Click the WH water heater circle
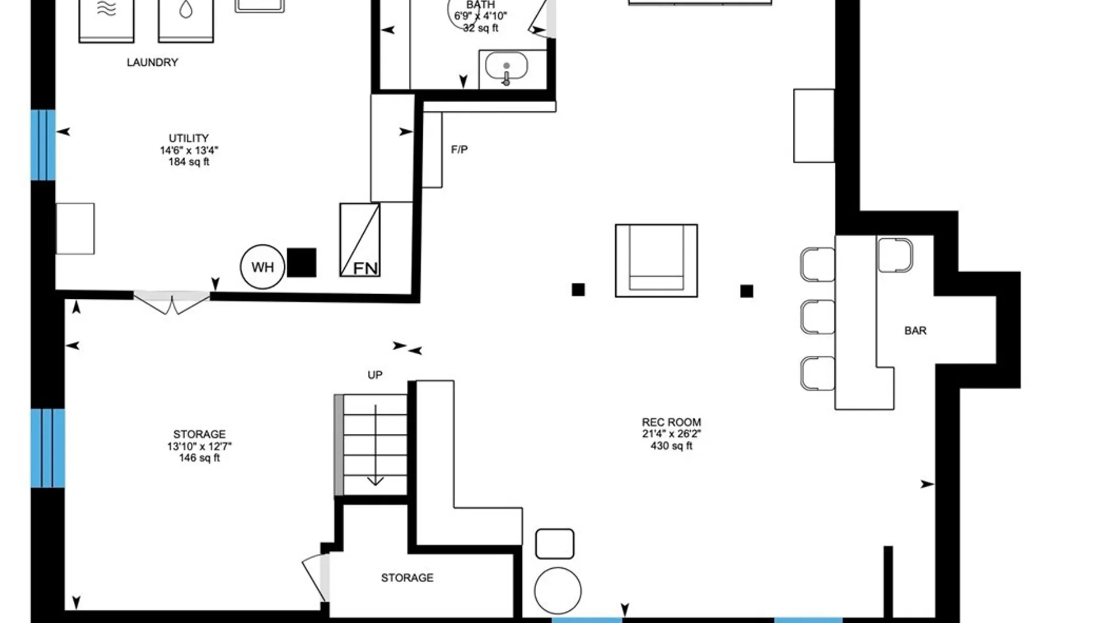(262, 267)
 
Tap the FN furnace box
(360, 239)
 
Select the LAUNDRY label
(152, 62)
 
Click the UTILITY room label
(189, 138)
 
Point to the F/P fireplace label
(459, 150)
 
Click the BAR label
(916, 331)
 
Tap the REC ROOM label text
(672, 422)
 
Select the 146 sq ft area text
(199, 458)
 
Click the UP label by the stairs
(375, 375)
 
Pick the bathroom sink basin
(506, 66)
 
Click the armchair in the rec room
(656, 261)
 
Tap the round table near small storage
(558, 591)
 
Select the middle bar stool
(818, 317)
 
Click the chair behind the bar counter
(895, 254)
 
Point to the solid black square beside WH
(302, 262)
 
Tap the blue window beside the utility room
(43, 145)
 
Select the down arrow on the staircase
(375, 445)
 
